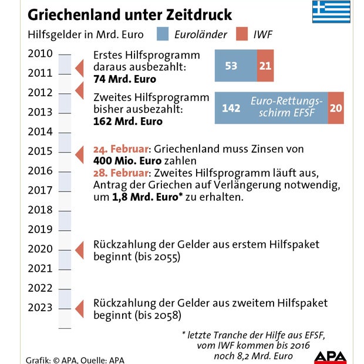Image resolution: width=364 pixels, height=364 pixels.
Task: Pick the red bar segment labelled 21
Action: tap(265, 66)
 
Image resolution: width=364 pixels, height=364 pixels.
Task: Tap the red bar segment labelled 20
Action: tap(336, 108)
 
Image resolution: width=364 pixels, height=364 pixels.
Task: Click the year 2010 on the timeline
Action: tap(40, 54)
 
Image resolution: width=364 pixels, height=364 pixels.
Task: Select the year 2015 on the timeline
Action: tap(40, 151)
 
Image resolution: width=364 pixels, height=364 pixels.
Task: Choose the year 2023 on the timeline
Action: tap(40, 308)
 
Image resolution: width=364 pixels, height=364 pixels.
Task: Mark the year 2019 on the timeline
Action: tap(40, 230)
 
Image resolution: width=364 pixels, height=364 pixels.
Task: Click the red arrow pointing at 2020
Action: tap(80, 250)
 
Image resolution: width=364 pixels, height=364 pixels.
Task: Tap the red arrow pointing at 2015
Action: tap(80, 154)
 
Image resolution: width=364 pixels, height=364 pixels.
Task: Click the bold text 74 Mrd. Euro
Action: tap(124, 79)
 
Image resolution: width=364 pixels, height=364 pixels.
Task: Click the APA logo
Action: tap(329, 356)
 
